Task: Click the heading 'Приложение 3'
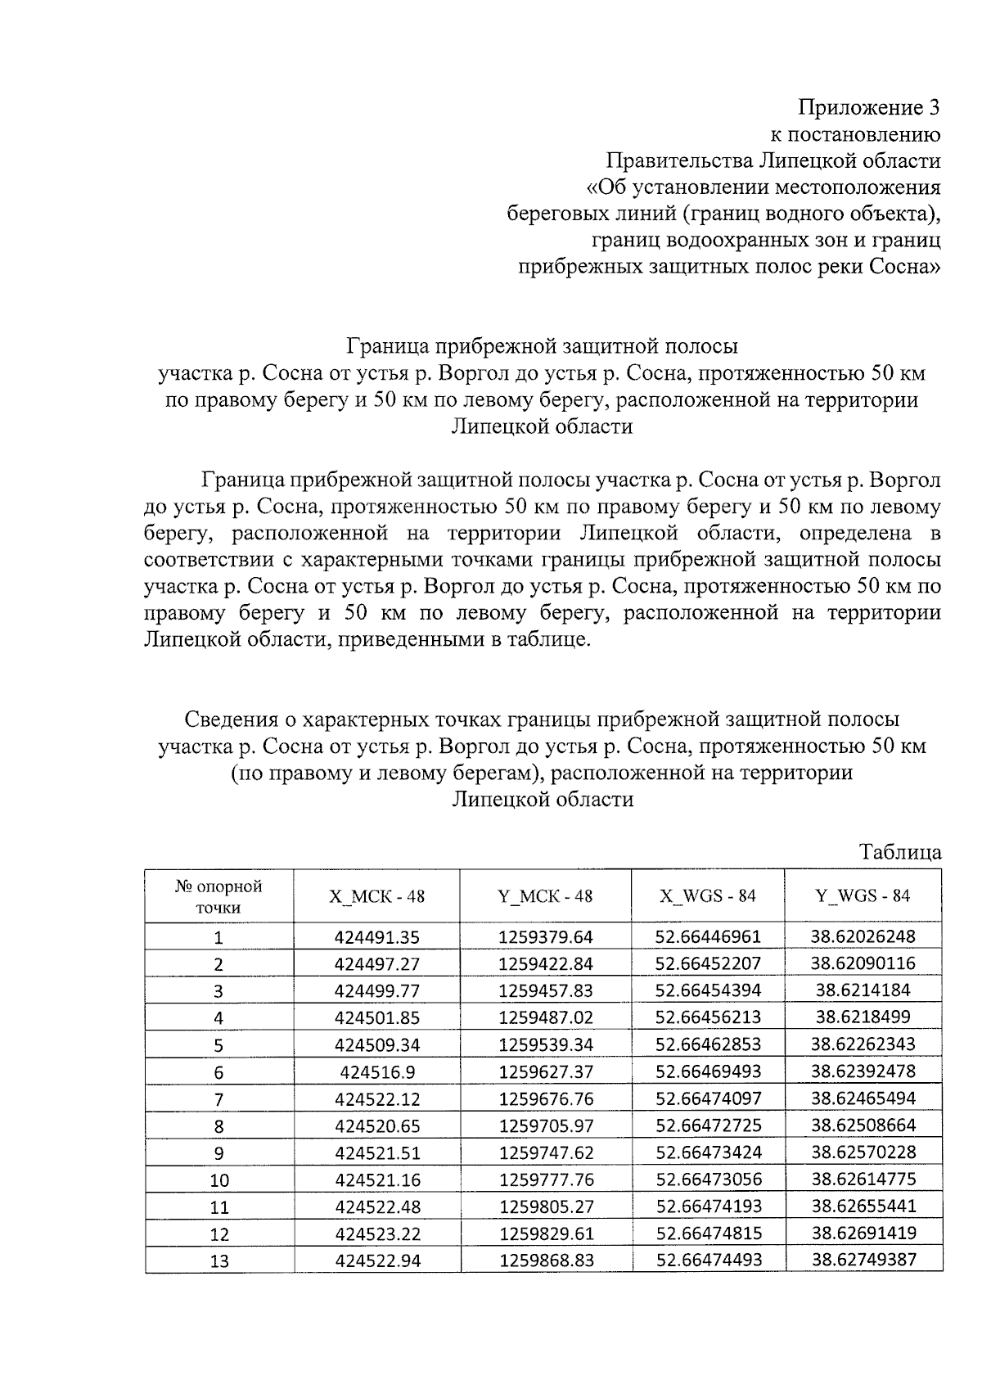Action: click(869, 107)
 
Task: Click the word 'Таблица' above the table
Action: click(900, 852)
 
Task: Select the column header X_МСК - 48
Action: click(376, 896)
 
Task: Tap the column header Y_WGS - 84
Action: click(863, 895)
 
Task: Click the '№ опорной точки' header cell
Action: click(218, 896)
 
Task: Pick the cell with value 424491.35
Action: click(376, 937)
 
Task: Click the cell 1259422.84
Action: click(545, 964)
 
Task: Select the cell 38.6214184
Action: click(863, 990)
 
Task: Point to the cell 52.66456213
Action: click(708, 1017)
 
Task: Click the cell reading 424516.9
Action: click(376, 1071)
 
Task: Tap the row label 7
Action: click(218, 1099)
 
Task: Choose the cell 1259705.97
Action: click(545, 1125)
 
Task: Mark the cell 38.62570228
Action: click(863, 1152)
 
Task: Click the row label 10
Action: click(218, 1180)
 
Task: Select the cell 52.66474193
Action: click(708, 1206)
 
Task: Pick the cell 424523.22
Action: click(376, 1233)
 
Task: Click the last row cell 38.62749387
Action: click(863, 1260)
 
